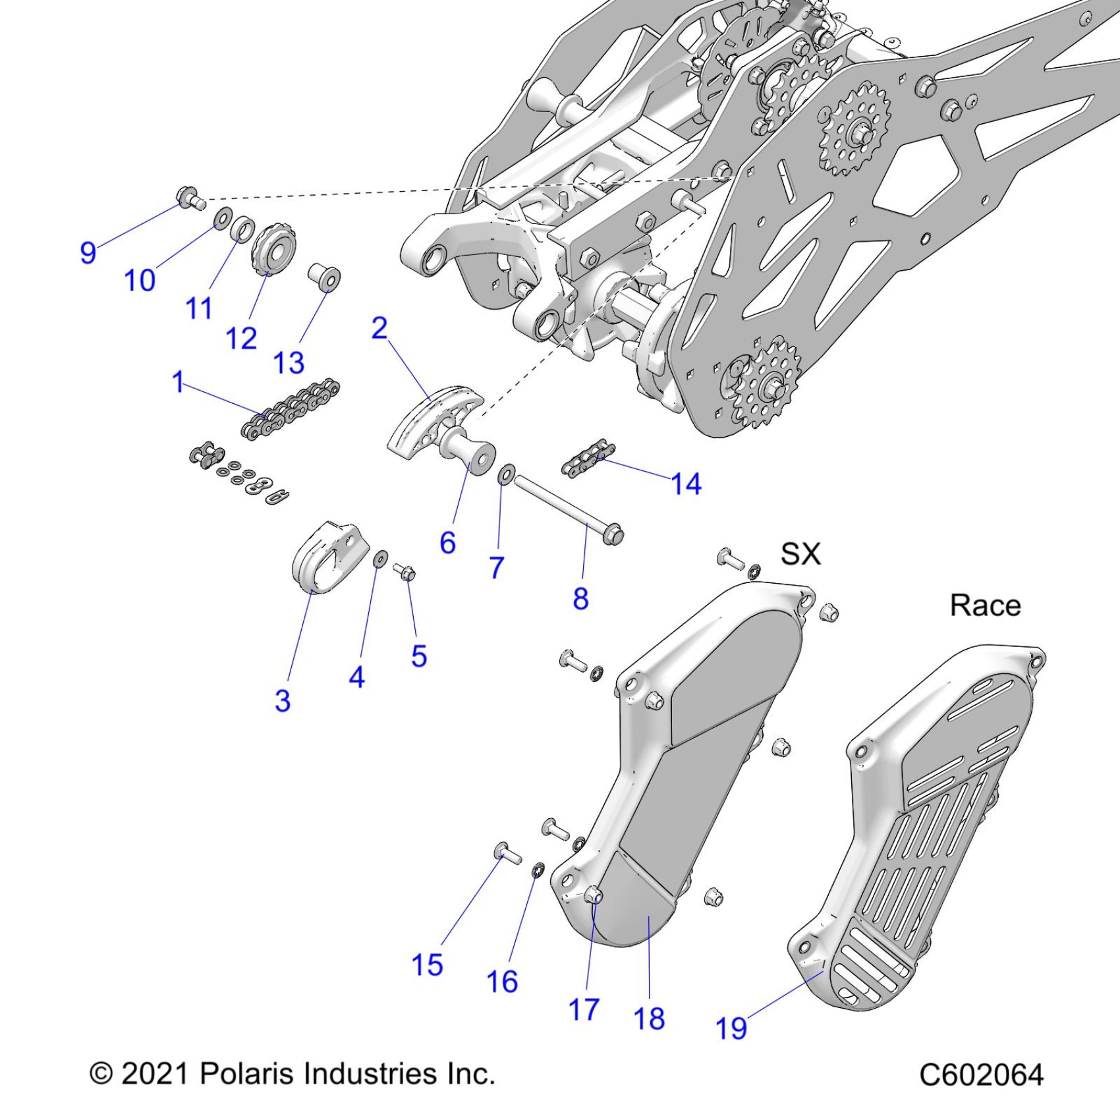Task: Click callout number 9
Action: click(x=88, y=252)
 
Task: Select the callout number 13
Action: click(x=289, y=363)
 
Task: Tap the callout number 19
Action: click(x=731, y=1028)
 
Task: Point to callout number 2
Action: click(x=379, y=328)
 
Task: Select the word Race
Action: click(x=985, y=605)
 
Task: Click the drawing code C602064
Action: click(x=981, y=1075)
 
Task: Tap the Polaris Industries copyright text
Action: click(x=292, y=1074)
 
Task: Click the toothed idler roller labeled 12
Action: click(x=273, y=251)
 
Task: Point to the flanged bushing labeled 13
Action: click(x=325, y=276)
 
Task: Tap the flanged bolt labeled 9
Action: click(x=188, y=196)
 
